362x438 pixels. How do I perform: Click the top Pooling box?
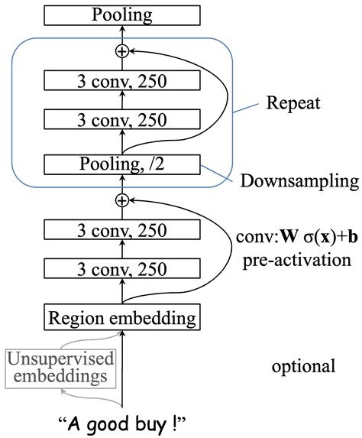(121, 14)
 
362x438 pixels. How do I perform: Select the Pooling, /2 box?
(121, 164)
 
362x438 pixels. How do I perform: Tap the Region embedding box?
(121, 316)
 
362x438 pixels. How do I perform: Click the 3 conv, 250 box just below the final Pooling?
(121, 79)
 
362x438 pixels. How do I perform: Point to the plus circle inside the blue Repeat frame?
(121, 50)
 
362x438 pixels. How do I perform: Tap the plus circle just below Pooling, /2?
(121, 200)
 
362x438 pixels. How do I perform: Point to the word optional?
(303, 366)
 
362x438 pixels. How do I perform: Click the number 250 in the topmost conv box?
(150, 79)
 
